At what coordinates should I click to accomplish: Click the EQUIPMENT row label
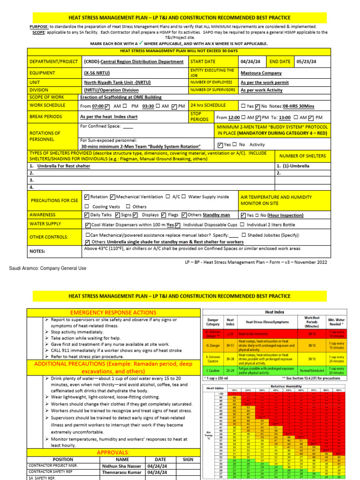42,73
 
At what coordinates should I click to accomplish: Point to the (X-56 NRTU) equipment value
101,73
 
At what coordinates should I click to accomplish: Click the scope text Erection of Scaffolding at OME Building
121,97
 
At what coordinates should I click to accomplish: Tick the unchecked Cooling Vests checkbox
87,207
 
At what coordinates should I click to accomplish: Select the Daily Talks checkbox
87,215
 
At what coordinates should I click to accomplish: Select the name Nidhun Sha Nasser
121,466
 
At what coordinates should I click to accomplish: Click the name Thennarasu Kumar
121,473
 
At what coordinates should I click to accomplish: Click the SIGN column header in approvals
187,459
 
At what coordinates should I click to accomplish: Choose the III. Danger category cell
213,345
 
